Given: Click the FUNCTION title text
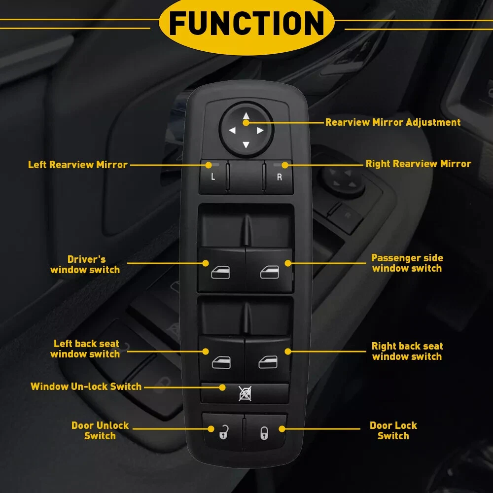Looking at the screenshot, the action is [x=246, y=23].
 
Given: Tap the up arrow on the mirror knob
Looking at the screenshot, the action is [x=246, y=116].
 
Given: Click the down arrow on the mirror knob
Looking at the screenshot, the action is [x=246, y=144].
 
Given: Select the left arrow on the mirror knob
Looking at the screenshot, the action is [x=232, y=130].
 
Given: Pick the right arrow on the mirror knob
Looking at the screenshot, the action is [x=260, y=130].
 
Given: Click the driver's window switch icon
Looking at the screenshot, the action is [x=220, y=272].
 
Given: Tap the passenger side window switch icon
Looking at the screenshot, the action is [x=270, y=272].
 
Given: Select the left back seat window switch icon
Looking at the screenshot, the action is [x=221, y=362].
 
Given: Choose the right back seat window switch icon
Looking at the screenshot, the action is [x=268, y=362].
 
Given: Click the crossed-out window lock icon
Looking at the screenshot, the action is [x=245, y=393].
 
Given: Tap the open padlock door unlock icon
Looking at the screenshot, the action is [x=223, y=432].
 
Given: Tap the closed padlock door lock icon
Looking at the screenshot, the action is [x=264, y=433].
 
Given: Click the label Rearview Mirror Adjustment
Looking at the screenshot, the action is [x=393, y=122].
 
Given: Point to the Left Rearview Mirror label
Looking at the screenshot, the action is [x=78, y=165].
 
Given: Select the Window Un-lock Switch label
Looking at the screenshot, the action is [x=86, y=387].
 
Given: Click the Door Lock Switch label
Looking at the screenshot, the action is [x=393, y=430].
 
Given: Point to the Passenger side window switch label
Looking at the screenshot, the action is [x=407, y=263].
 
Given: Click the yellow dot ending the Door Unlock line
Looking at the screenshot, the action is [x=211, y=428].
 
